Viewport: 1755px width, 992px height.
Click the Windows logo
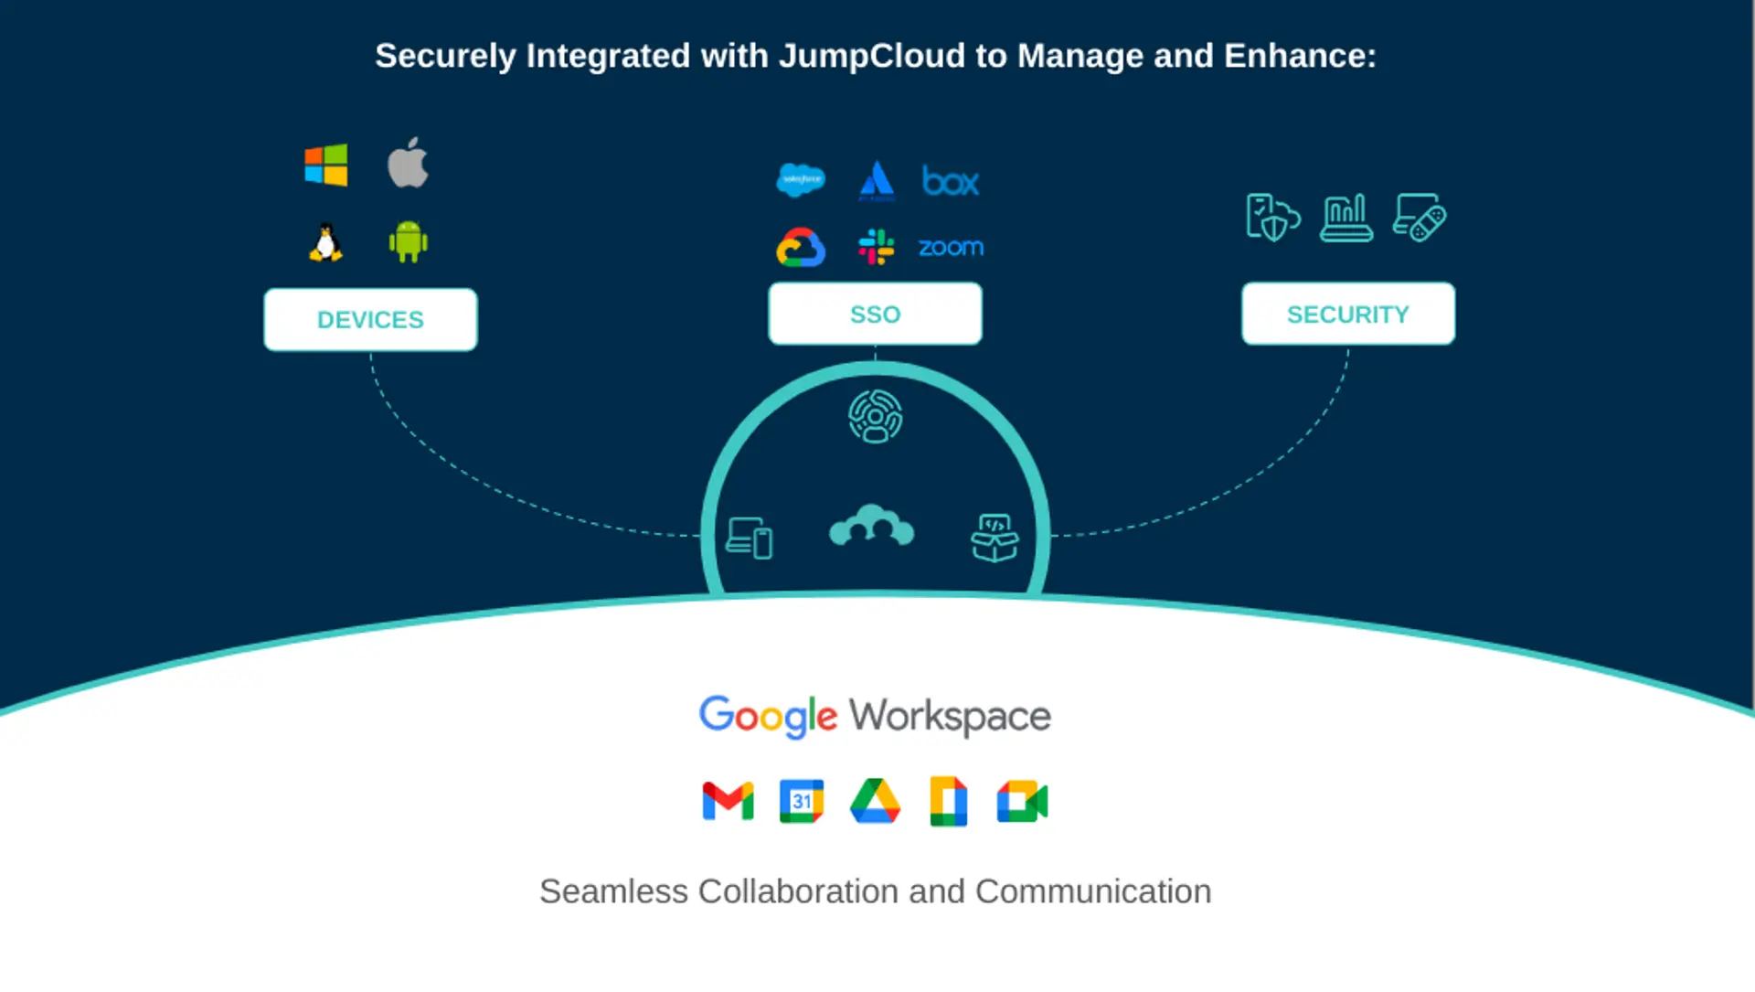coord(326,165)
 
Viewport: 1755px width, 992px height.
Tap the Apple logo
coord(408,164)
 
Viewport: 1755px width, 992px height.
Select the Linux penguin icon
coord(325,243)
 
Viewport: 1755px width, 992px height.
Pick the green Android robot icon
coord(408,242)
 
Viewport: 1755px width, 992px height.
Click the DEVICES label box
coord(370,320)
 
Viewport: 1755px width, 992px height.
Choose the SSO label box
coord(875,315)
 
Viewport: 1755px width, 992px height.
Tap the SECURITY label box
coord(1347,315)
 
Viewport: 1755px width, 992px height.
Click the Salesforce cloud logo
coord(801,179)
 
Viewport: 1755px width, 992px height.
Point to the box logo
coord(951,181)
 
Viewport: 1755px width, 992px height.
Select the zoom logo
coord(951,248)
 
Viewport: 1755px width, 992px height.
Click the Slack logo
coord(876,247)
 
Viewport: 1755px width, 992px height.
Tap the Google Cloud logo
coord(801,248)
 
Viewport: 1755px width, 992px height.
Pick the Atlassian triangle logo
coord(877,180)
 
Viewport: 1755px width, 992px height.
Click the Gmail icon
coord(728,802)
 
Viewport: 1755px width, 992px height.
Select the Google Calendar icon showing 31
coord(802,802)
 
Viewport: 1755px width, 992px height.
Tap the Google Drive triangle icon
coord(875,802)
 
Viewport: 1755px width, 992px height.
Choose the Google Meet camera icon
coord(1022,802)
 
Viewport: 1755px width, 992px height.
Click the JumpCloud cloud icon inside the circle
coord(871,527)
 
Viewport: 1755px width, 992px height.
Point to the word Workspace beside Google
coord(951,716)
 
